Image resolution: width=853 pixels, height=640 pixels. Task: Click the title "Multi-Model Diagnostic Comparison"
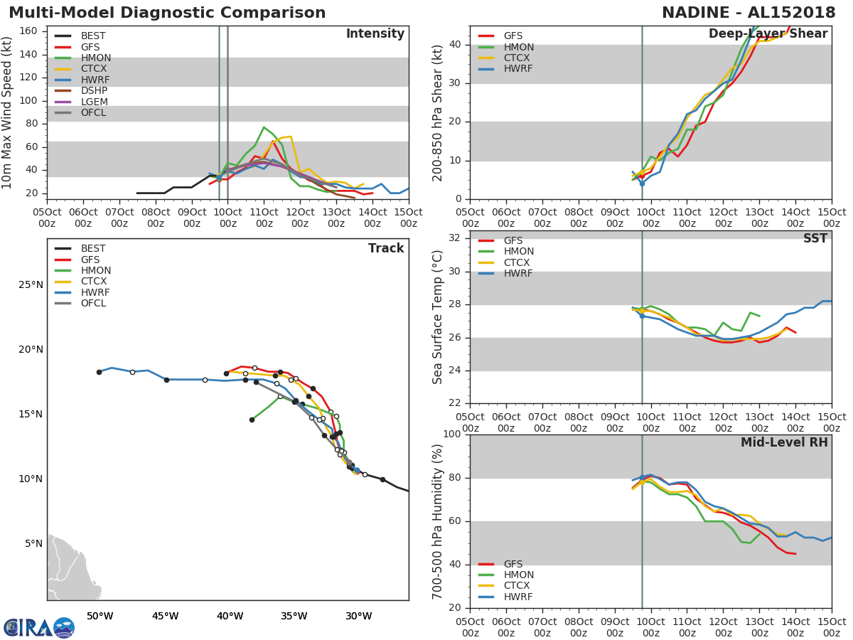tap(167, 13)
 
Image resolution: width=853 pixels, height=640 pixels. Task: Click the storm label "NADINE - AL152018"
tap(754, 13)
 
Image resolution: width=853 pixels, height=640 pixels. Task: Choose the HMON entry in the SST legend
tap(518, 252)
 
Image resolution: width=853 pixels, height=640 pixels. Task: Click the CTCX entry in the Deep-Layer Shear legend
tap(518, 58)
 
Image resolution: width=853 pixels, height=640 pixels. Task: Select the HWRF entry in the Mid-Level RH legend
tap(518, 597)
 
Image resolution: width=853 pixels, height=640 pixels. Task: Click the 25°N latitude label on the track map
tap(30, 285)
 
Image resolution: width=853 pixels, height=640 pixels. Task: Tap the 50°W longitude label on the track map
tap(100, 616)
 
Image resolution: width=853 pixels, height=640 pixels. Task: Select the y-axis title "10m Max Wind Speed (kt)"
tap(8, 114)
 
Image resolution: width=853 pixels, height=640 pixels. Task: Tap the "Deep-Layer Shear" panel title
tap(768, 34)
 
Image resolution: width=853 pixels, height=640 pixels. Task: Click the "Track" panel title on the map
tap(386, 248)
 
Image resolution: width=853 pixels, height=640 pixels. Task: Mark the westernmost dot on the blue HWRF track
tap(99, 372)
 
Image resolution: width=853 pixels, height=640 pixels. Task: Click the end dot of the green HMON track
tap(252, 420)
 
